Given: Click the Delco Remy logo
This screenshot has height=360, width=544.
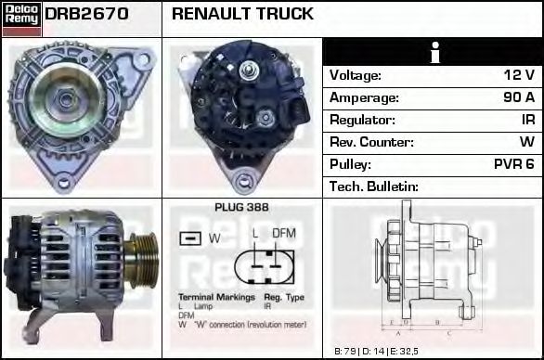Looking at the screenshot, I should (20, 18).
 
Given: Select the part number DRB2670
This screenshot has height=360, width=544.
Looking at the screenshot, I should (86, 14).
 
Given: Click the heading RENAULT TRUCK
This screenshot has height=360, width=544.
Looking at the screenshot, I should (242, 14).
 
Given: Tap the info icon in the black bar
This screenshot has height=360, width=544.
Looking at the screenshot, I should (433, 53).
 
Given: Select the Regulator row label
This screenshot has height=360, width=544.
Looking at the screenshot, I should (363, 120).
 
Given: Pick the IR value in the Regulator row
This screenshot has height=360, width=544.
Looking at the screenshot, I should (527, 120).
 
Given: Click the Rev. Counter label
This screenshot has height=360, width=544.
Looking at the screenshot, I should (371, 142).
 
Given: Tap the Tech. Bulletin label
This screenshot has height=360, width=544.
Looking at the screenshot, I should (374, 186).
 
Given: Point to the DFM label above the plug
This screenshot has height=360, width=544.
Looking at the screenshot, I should (283, 233).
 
